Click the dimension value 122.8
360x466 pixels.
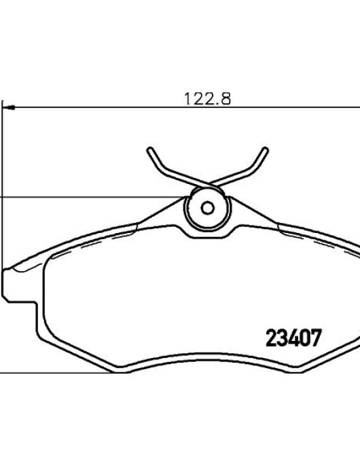(x=207, y=98)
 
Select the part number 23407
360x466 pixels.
(x=293, y=338)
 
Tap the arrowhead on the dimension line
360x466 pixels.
(x=10, y=107)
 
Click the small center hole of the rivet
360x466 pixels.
(x=207, y=208)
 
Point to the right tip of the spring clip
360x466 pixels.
(x=265, y=149)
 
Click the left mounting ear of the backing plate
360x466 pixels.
(x=20, y=286)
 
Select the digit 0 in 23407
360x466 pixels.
(x=305, y=338)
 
